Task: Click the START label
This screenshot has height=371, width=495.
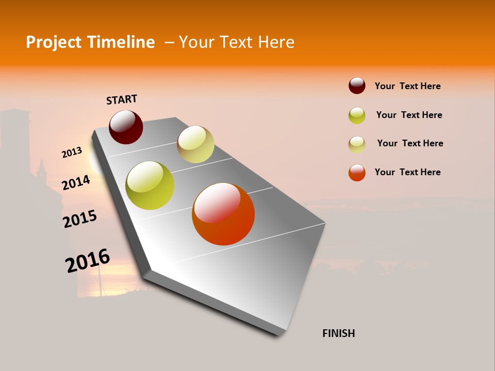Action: pyautogui.click(x=122, y=99)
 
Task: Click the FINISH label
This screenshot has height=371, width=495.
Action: pyautogui.click(x=338, y=333)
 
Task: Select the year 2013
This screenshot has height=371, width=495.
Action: pyautogui.click(x=72, y=153)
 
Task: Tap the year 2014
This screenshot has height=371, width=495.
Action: pyautogui.click(x=76, y=183)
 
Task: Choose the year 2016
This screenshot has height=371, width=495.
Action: pyautogui.click(x=88, y=261)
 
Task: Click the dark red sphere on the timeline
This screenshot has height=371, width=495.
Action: pyautogui.click(x=126, y=127)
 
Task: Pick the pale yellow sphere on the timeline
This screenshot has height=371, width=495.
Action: pyautogui.click(x=195, y=144)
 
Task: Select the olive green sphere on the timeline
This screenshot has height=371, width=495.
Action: pyautogui.click(x=150, y=185)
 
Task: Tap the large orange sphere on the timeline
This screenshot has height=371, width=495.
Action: pyautogui.click(x=223, y=214)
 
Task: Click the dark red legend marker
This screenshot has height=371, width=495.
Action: pyautogui.click(x=357, y=86)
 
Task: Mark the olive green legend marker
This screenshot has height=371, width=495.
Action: pyautogui.click(x=357, y=115)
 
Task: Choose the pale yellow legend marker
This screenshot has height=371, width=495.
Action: pyautogui.click(x=357, y=144)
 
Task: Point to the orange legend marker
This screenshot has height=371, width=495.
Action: pyautogui.click(x=357, y=173)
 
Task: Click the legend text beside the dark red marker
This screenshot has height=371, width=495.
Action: pyautogui.click(x=407, y=86)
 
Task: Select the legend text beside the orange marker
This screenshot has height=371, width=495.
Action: pyautogui.click(x=407, y=172)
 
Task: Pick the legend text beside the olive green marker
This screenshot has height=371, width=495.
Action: pyautogui.click(x=409, y=115)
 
